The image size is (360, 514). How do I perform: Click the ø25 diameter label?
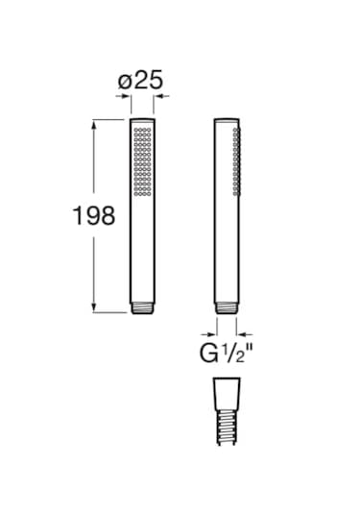140,82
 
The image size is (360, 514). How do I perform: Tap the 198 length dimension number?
94,215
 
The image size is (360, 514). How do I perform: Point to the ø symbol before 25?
125,83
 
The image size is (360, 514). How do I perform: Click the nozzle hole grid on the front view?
142,161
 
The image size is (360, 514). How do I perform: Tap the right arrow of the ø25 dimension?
159,97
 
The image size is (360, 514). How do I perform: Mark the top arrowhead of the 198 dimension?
93,123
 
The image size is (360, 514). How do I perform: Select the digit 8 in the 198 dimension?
107,215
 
